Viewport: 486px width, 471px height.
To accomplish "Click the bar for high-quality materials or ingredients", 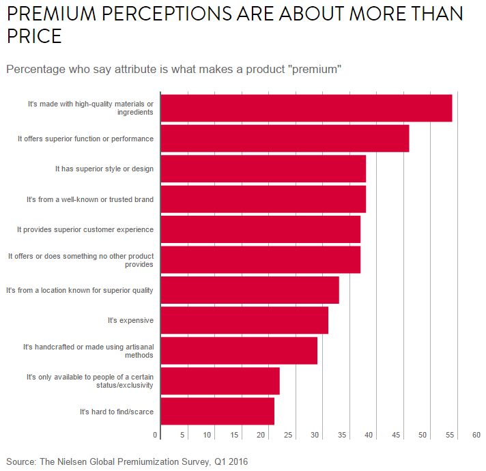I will (x=306, y=108).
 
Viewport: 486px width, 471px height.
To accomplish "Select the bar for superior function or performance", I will (x=285, y=139).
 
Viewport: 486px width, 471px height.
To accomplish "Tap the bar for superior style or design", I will (x=263, y=169).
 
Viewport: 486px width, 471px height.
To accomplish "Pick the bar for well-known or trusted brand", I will (x=263, y=199).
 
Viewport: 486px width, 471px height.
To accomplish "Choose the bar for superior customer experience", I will (x=260, y=229).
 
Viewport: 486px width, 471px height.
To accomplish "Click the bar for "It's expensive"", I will (x=244, y=320).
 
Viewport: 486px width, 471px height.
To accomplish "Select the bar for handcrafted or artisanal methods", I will (x=239, y=350).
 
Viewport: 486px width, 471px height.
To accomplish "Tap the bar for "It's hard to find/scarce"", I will (x=217, y=411).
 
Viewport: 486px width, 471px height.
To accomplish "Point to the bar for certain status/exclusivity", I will (x=220, y=381).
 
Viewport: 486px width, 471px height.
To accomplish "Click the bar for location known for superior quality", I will (x=250, y=290).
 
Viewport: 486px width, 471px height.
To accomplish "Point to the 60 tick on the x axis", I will (x=476, y=435).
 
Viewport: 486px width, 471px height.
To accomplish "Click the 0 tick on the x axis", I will (x=156, y=435).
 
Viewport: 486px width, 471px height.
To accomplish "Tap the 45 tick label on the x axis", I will (x=396, y=435).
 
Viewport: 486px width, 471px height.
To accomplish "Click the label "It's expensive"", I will (x=130, y=320).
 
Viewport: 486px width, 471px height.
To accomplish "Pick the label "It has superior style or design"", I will (x=104, y=169).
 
